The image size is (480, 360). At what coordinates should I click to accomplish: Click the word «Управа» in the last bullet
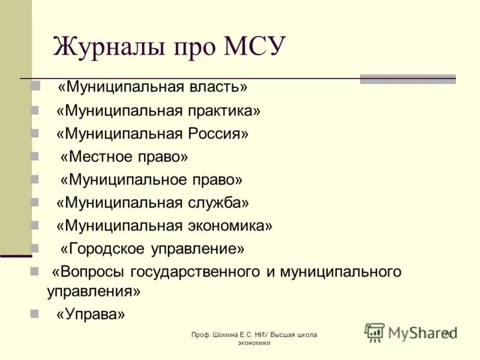[x=91, y=314]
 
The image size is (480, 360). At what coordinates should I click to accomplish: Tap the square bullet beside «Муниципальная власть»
[x=35, y=88]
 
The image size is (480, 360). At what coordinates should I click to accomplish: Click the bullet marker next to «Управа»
[x=35, y=314]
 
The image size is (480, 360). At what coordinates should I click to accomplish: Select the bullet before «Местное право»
[x=35, y=157]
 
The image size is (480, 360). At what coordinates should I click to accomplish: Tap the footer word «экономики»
[x=254, y=343]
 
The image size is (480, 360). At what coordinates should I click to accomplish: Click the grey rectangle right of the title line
[x=407, y=79]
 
